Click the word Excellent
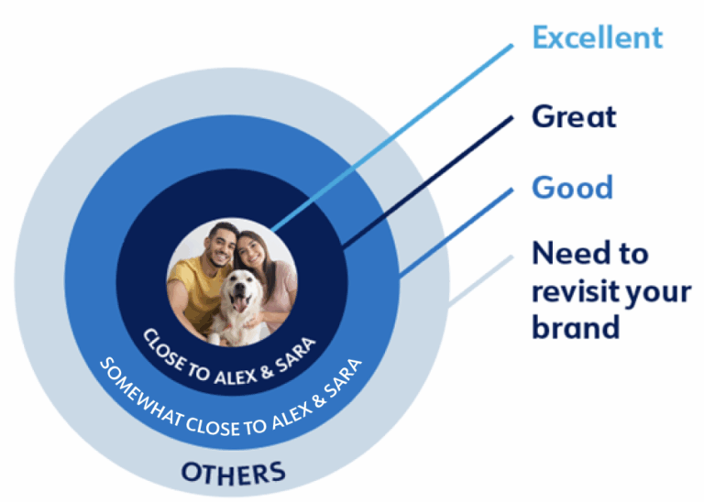(597, 38)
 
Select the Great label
(574, 117)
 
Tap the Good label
(572, 187)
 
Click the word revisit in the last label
(576, 292)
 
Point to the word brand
(576, 326)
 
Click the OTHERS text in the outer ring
(233, 473)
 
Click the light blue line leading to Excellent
(392, 137)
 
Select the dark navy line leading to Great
(427, 181)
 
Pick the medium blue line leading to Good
(456, 233)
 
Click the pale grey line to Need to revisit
(481, 280)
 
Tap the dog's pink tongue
(239, 305)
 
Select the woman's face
(251, 250)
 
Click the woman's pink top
(280, 291)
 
